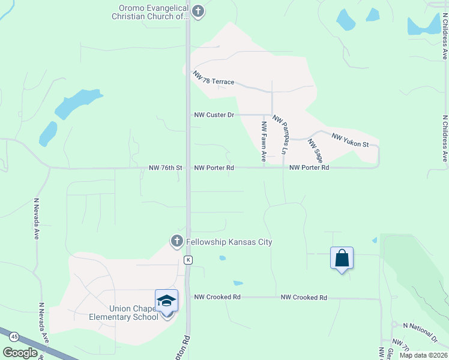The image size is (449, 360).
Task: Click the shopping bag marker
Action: point(342,259)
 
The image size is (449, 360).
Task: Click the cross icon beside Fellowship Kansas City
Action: point(176,241)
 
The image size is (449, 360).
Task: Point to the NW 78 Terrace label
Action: point(213,79)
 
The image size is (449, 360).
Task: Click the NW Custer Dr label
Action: point(214,115)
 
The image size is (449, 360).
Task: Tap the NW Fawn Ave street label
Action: point(264,142)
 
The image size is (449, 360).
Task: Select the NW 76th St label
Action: point(165,168)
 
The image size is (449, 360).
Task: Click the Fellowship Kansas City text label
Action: point(229,242)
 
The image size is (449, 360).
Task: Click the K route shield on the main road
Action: point(188,259)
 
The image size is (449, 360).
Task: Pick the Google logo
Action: point(20,353)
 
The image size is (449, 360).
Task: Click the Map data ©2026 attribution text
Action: point(423,355)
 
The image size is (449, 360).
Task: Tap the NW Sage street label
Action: point(316,151)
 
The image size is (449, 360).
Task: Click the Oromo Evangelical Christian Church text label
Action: point(150,13)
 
